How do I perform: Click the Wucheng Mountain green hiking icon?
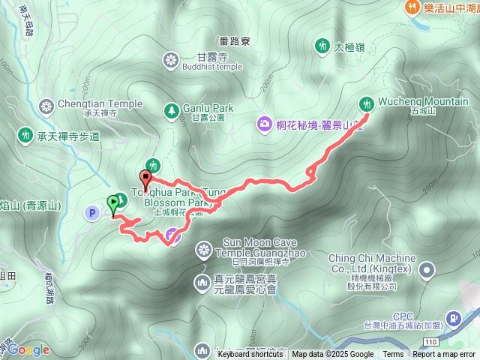point(367,103)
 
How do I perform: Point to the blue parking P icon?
point(92,213)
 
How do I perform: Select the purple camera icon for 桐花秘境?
point(264,123)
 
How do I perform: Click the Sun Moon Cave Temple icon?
point(204,249)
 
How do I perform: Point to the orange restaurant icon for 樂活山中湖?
point(411,7)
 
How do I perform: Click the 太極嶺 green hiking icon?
point(322,46)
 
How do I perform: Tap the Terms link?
point(392,354)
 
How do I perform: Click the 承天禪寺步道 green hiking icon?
point(25,135)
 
